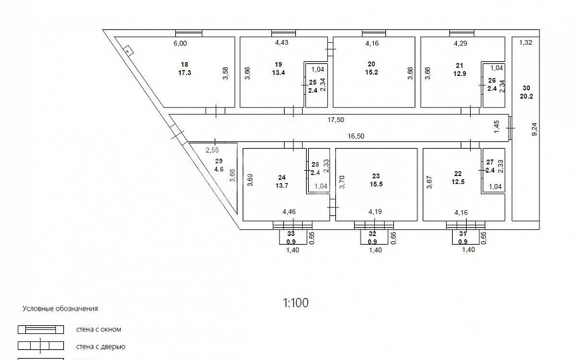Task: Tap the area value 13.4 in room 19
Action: [x=279, y=73]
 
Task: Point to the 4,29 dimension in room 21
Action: [x=460, y=43]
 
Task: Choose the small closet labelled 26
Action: [x=493, y=86]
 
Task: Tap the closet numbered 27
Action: [x=493, y=170]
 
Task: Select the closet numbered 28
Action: [x=318, y=170]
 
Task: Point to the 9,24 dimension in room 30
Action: [x=534, y=129]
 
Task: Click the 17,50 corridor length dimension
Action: [x=335, y=120]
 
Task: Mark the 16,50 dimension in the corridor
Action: [x=356, y=136]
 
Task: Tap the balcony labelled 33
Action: [x=291, y=237]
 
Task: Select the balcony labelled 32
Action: [x=373, y=237]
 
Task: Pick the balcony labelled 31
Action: [x=463, y=237]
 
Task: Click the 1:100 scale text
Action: [x=296, y=303]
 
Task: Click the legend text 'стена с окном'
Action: [x=99, y=329]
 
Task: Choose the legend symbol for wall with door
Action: [x=41, y=346]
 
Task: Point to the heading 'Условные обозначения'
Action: [x=60, y=309]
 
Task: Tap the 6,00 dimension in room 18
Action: [x=180, y=43]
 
